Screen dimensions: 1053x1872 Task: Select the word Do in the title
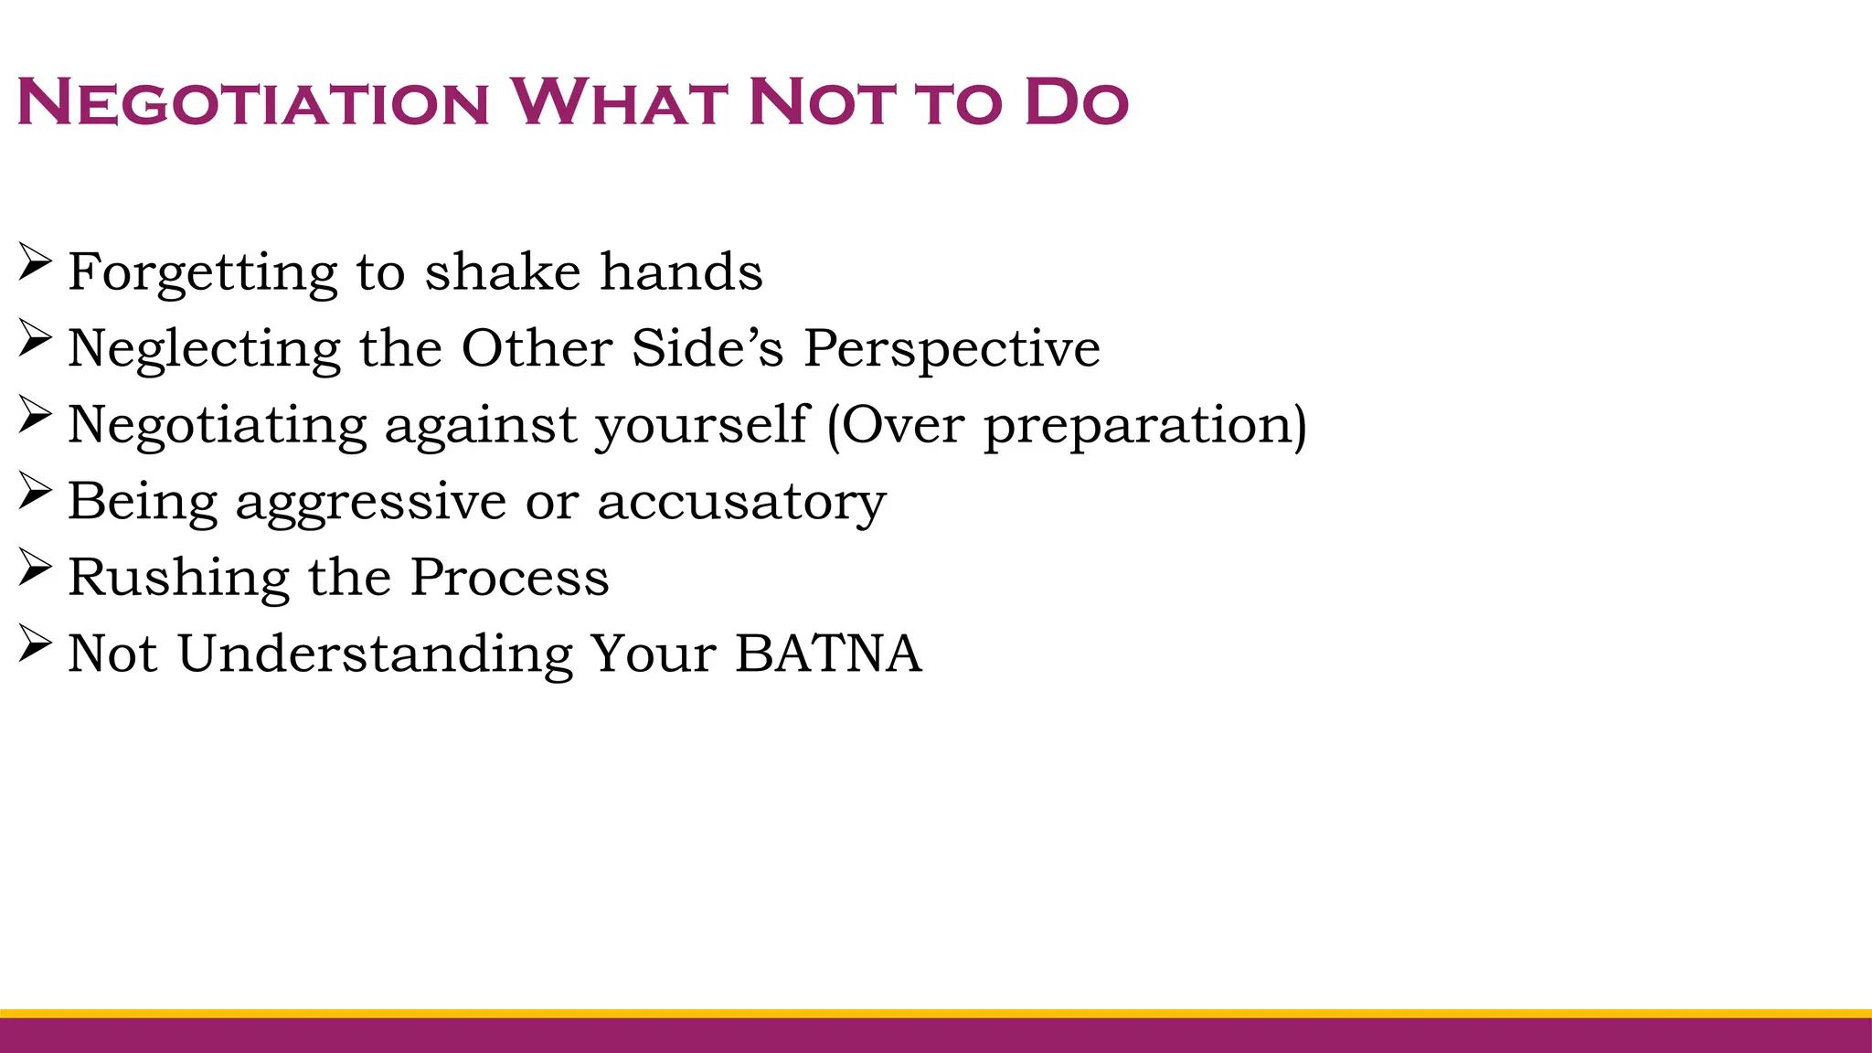pos(1076,102)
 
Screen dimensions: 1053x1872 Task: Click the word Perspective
pos(952,349)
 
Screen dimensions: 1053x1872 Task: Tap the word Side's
pos(707,348)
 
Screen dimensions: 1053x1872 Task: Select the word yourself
pos(702,425)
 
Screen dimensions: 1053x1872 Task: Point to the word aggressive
pos(371,502)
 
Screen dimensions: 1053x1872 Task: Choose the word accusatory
pos(741,502)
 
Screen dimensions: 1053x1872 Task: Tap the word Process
pos(509,578)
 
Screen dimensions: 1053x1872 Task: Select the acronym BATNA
pos(828,654)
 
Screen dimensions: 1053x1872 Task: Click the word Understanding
pos(375,654)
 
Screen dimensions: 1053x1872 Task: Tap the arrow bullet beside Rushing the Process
pos(34,569)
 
